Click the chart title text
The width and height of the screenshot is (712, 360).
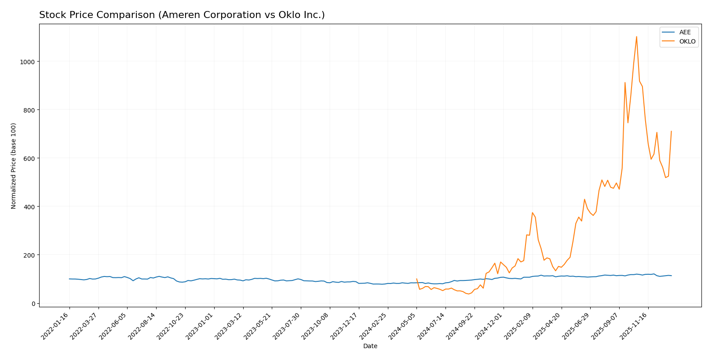(x=182, y=15)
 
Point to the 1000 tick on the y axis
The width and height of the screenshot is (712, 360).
(x=28, y=62)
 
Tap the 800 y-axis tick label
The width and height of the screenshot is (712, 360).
(x=29, y=110)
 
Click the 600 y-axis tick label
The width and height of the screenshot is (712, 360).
(x=29, y=158)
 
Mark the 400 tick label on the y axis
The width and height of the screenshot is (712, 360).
(x=29, y=207)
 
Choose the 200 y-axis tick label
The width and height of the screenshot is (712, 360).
(x=29, y=255)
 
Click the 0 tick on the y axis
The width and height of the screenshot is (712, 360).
(x=33, y=303)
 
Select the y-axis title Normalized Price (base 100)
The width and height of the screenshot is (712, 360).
(x=14, y=166)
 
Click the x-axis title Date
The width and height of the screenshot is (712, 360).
(x=370, y=346)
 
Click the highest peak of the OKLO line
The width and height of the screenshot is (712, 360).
(x=636, y=36)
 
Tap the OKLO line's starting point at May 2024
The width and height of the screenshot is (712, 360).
(x=416, y=279)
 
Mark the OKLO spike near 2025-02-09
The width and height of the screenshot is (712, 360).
(x=532, y=213)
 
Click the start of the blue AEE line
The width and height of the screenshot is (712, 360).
(x=69, y=279)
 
